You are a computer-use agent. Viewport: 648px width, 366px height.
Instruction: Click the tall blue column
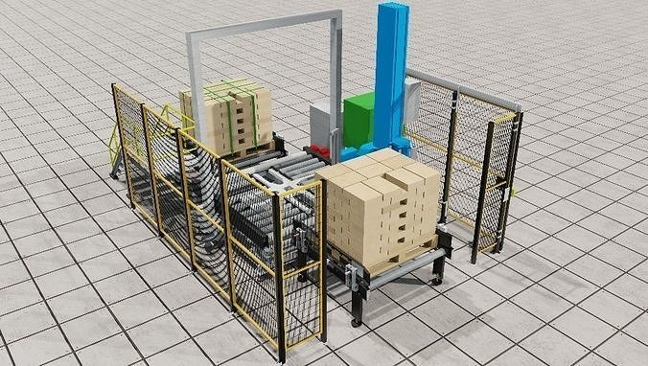(x=391, y=67)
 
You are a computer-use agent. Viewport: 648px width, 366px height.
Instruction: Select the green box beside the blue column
(x=359, y=120)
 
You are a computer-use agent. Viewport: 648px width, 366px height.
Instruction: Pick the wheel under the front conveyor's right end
(x=437, y=279)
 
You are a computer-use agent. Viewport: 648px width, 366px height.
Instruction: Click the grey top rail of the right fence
(x=460, y=87)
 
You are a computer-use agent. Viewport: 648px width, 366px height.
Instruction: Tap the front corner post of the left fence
(x=281, y=278)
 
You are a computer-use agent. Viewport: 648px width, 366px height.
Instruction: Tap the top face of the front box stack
(x=379, y=172)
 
